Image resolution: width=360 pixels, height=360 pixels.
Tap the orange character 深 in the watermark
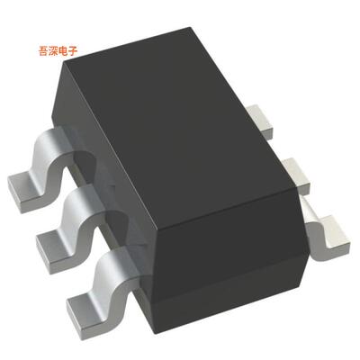coord(57,51)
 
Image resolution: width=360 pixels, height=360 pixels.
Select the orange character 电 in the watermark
coord(67,51)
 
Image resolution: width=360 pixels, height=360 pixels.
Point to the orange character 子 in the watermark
coord(76,51)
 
